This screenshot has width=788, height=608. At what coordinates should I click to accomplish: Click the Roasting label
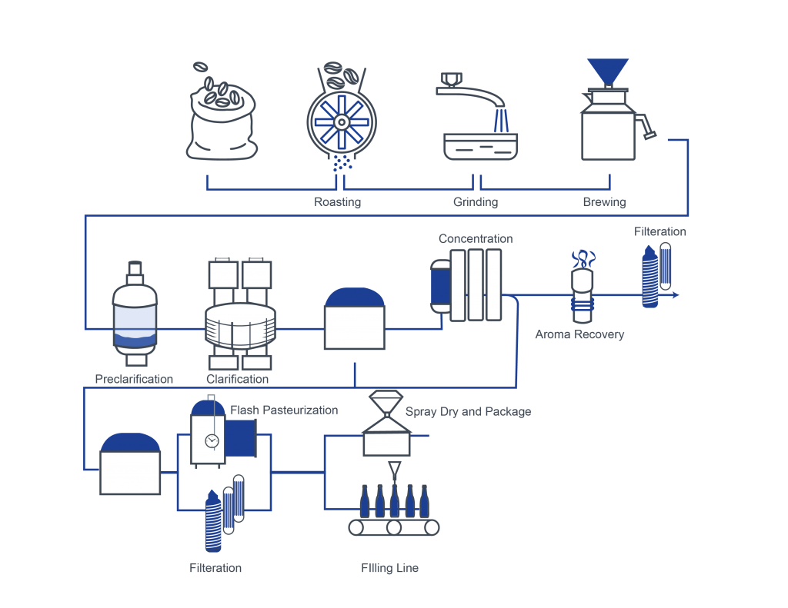coord(337,202)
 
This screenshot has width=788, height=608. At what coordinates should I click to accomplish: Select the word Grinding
coord(475,202)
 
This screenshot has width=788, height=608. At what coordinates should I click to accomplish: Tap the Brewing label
coord(603,202)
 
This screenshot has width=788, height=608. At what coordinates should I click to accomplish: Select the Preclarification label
coord(134,379)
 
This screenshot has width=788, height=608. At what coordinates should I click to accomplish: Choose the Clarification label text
coord(238,379)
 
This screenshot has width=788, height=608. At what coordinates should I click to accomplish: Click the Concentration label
coord(476,238)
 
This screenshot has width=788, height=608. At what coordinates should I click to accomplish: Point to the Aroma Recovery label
coord(579,334)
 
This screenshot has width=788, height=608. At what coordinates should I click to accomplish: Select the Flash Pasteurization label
coord(284,410)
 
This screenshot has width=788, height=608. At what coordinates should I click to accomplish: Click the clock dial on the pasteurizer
coord(212,440)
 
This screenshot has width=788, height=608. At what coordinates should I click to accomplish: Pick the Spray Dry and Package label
coord(468,411)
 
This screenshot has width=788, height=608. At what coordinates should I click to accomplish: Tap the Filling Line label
coord(389,568)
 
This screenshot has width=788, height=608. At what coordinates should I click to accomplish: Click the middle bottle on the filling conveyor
coord(394,500)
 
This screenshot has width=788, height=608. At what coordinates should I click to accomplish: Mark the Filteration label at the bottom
coord(215,568)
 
